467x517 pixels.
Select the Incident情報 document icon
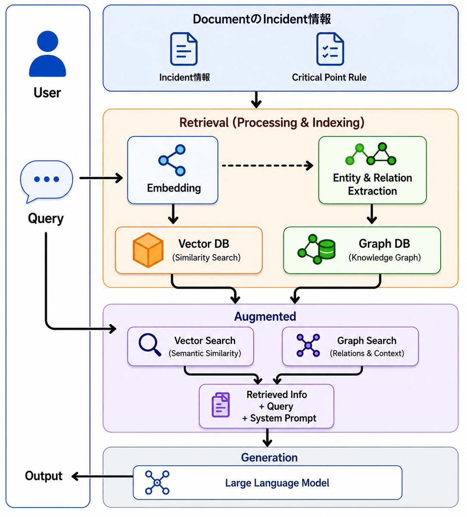(184, 49)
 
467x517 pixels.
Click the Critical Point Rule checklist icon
(330, 49)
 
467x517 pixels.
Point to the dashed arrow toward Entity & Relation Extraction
(268, 165)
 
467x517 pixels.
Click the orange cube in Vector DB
(148, 250)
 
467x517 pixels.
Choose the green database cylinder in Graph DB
(327, 249)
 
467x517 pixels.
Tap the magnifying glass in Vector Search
(150, 345)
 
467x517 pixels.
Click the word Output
(44, 476)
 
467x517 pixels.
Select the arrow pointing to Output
(102, 476)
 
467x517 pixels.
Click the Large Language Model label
(277, 483)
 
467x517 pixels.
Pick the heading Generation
(269, 458)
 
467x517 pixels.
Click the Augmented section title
(265, 317)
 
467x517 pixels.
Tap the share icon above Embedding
(172, 160)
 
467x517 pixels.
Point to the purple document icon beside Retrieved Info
(221, 405)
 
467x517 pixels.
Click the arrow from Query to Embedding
(101, 178)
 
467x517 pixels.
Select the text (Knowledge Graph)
(385, 258)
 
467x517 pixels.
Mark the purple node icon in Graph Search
(308, 346)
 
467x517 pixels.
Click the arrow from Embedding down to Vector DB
(173, 214)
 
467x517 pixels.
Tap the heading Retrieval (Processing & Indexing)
(272, 123)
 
